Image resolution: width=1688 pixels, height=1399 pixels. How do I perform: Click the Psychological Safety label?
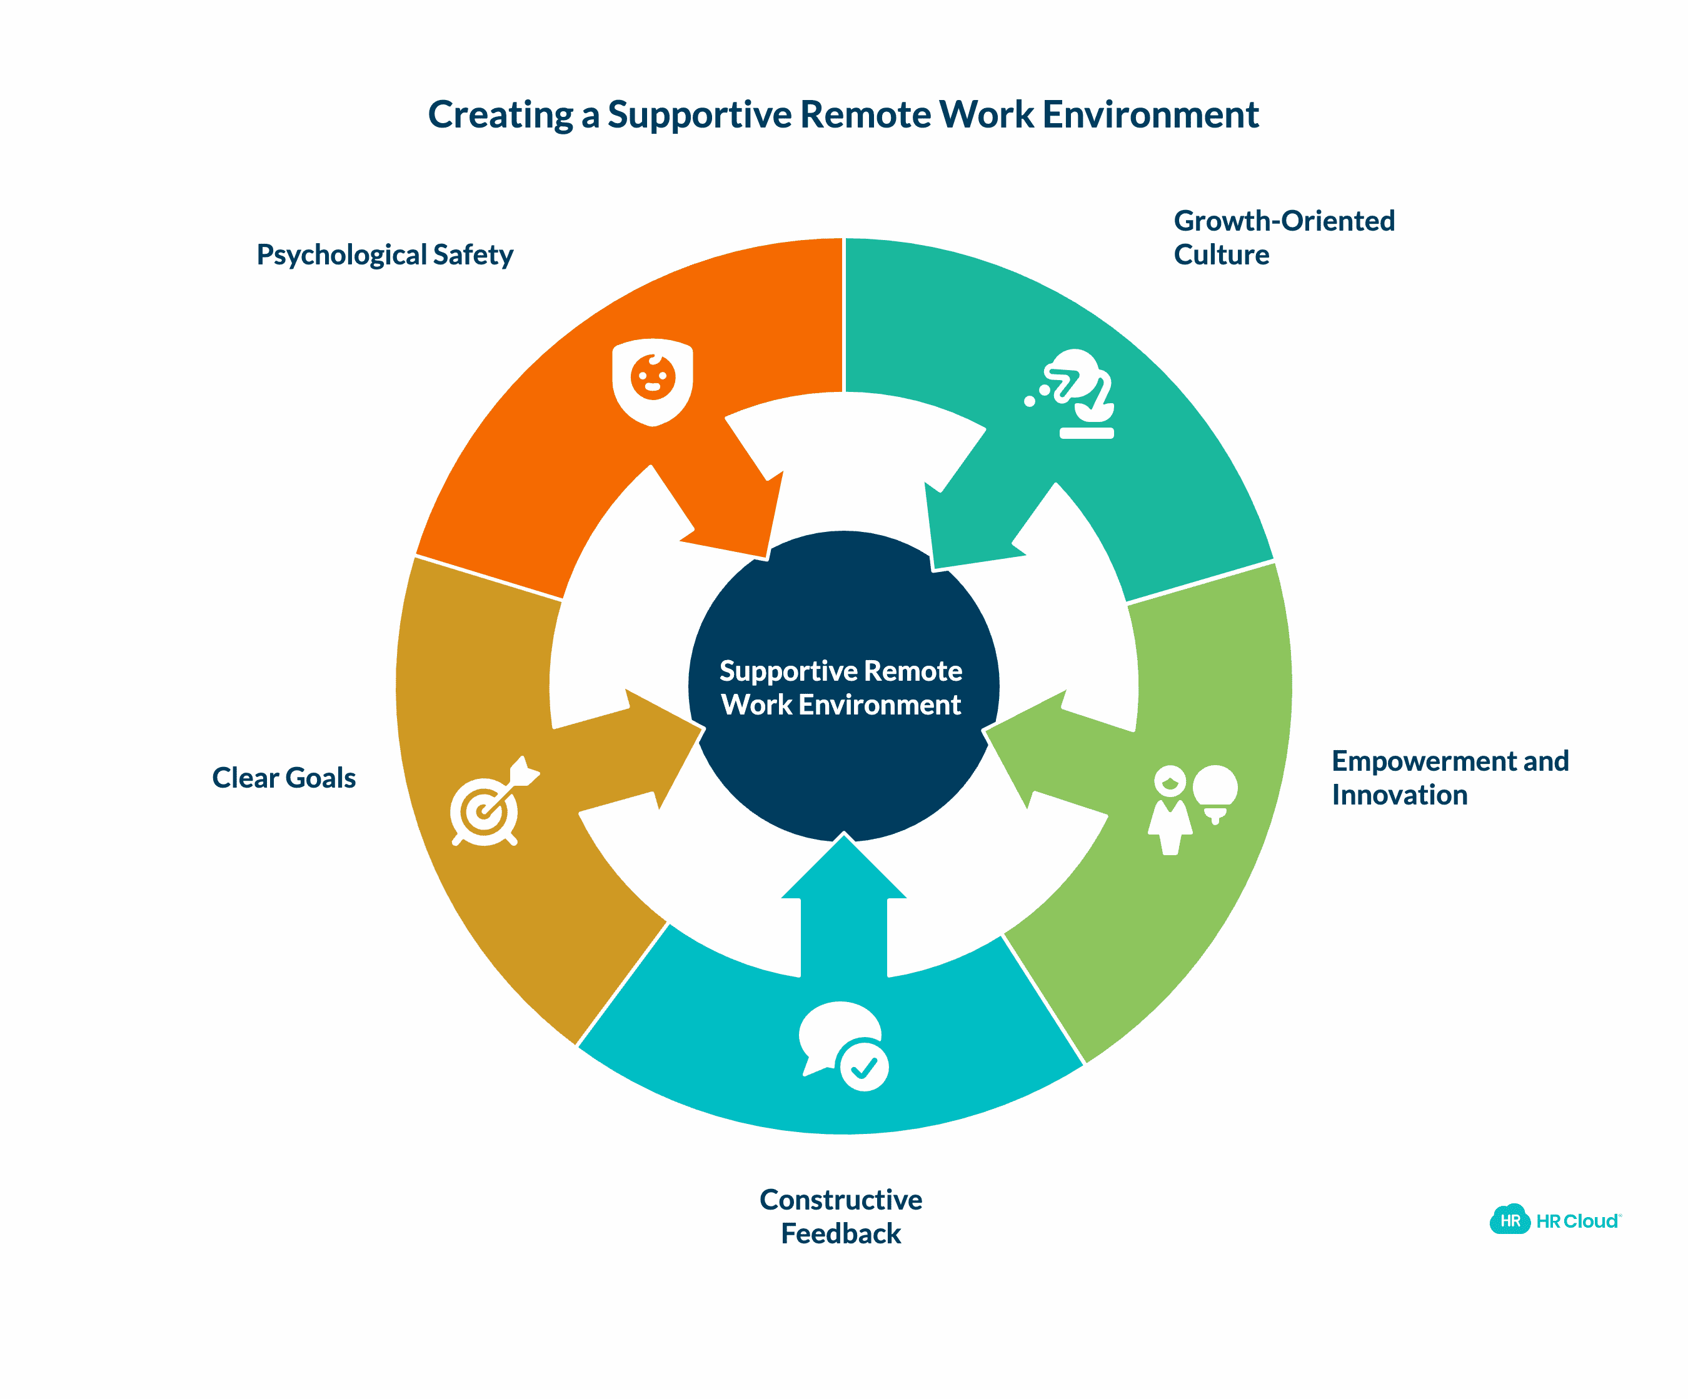pyautogui.click(x=384, y=254)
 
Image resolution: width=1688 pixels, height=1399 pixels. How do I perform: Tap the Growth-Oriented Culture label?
pyautogui.click(x=1283, y=237)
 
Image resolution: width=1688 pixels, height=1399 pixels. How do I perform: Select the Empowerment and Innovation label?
pyautogui.click(x=1449, y=777)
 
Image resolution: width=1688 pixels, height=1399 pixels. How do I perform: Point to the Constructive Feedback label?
pyautogui.click(x=841, y=1216)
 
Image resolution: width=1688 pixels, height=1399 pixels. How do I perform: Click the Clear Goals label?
pyautogui.click(x=284, y=778)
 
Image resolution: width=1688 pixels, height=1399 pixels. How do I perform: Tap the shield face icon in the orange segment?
pyautogui.click(x=652, y=382)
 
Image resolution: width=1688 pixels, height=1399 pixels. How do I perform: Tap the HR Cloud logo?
pyautogui.click(x=1555, y=1221)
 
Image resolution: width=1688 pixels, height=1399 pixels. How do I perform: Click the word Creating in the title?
pyautogui.click(x=500, y=115)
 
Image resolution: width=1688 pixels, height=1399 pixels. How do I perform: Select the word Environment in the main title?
pyautogui.click(x=1150, y=115)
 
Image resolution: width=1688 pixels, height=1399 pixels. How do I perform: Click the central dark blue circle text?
pyautogui.click(x=841, y=688)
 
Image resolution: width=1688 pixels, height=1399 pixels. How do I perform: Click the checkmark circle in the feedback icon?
pyautogui.click(x=864, y=1066)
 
